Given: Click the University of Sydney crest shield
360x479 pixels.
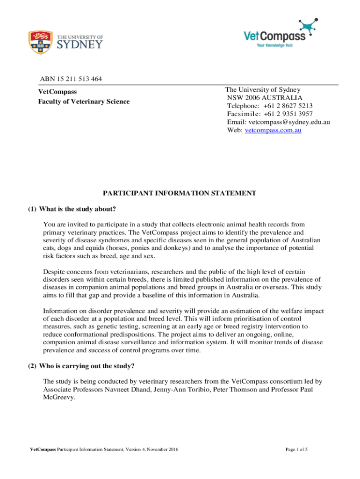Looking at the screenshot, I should [40, 42].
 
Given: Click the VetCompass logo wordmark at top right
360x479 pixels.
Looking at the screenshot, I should [274, 36].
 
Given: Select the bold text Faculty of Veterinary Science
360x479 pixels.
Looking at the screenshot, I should [84, 102].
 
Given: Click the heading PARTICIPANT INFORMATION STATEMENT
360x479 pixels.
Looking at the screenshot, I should [180, 193].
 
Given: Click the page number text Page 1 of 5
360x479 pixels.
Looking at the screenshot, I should [296, 450].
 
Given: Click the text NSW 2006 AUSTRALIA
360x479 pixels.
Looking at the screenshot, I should [265, 98].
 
